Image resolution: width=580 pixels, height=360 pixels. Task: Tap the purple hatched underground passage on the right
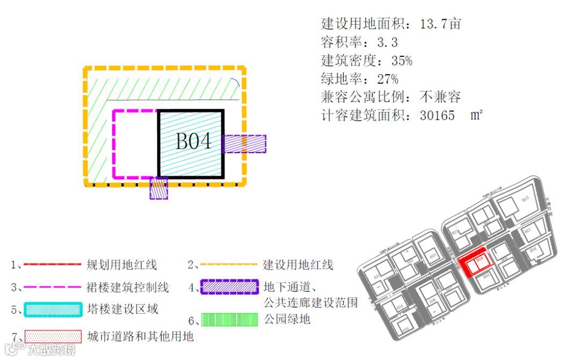[244, 143]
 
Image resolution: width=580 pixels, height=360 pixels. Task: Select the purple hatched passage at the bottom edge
[158, 188]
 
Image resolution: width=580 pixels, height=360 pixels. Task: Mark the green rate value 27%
[388, 79]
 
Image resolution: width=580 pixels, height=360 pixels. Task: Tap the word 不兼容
[440, 97]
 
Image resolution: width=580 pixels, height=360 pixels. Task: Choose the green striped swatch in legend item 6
[229, 320]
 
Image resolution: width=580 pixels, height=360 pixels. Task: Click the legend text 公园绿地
[287, 320]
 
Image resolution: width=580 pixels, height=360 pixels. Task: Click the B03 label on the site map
[525, 199]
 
